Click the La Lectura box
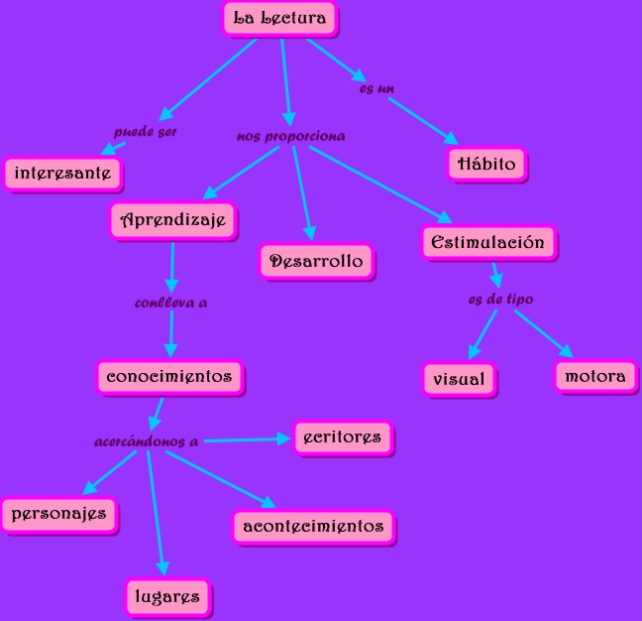[x=280, y=19]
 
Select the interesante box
[x=63, y=174]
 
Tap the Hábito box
[x=486, y=164]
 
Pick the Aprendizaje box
[x=173, y=220]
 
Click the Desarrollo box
[x=316, y=262]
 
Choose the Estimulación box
[x=488, y=243]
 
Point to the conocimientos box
[x=170, y=377]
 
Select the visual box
[x=460, y=380]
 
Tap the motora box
[x=595, y=377]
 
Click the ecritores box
[x=343, y=437]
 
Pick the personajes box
[x=59, y=515]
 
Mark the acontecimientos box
[x=314, y=527]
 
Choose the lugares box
[x=167, y=597]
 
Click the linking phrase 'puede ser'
[x=145, y=132]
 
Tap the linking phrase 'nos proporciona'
[x=290, y=137]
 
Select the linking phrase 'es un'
[x=376, y=88]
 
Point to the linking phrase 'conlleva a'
[x=171, y=303]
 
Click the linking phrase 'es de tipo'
[x=500, y=300]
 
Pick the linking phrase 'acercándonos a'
[x=147, y=441]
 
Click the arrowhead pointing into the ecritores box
[x=283, y=439]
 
